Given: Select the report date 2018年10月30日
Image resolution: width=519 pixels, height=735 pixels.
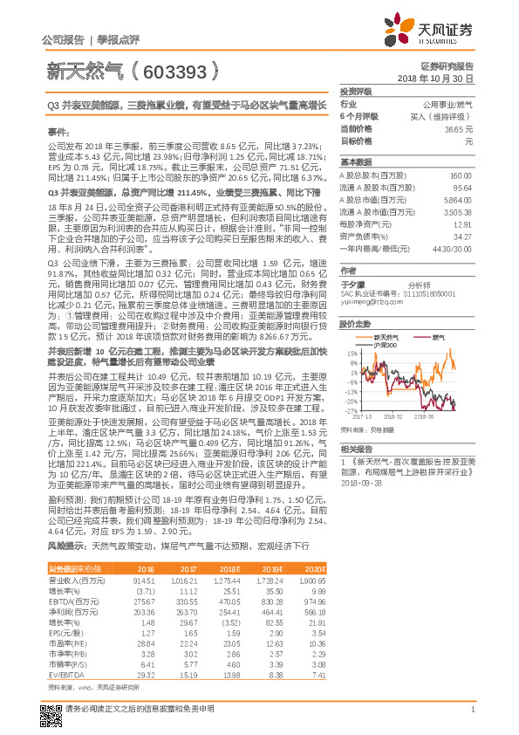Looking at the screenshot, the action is pos(440,79).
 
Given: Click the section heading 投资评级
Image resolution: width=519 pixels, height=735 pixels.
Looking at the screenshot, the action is pos(356,90).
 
